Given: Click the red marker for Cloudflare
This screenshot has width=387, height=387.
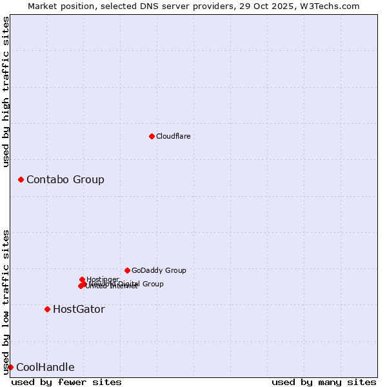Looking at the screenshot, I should coord(152,136).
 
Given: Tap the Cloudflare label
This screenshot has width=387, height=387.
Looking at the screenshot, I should coord(173,136).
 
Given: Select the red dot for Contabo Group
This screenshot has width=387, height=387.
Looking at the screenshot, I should coord(21,179).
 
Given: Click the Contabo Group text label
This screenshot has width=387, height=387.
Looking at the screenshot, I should coord(65,179).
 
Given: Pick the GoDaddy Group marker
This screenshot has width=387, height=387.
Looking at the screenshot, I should coord(127,270).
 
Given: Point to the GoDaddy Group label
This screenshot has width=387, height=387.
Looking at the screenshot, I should coord(159,270).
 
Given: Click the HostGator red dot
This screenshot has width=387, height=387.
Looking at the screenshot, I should coord(47,309).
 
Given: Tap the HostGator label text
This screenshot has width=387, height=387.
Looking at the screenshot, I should coord(79,309).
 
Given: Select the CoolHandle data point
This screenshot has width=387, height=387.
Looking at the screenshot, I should coord(10,367).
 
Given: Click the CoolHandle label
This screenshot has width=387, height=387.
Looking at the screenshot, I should coord(45,368).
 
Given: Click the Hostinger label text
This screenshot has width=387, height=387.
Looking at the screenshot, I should coord(103,279).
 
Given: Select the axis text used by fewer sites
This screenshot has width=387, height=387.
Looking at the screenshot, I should coord(66,382).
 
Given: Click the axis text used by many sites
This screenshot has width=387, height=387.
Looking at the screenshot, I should coord(324,382).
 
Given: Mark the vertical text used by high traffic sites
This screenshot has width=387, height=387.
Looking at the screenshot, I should coord(6,92).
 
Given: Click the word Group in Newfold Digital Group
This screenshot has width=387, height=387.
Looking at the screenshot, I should coord(152,284).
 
